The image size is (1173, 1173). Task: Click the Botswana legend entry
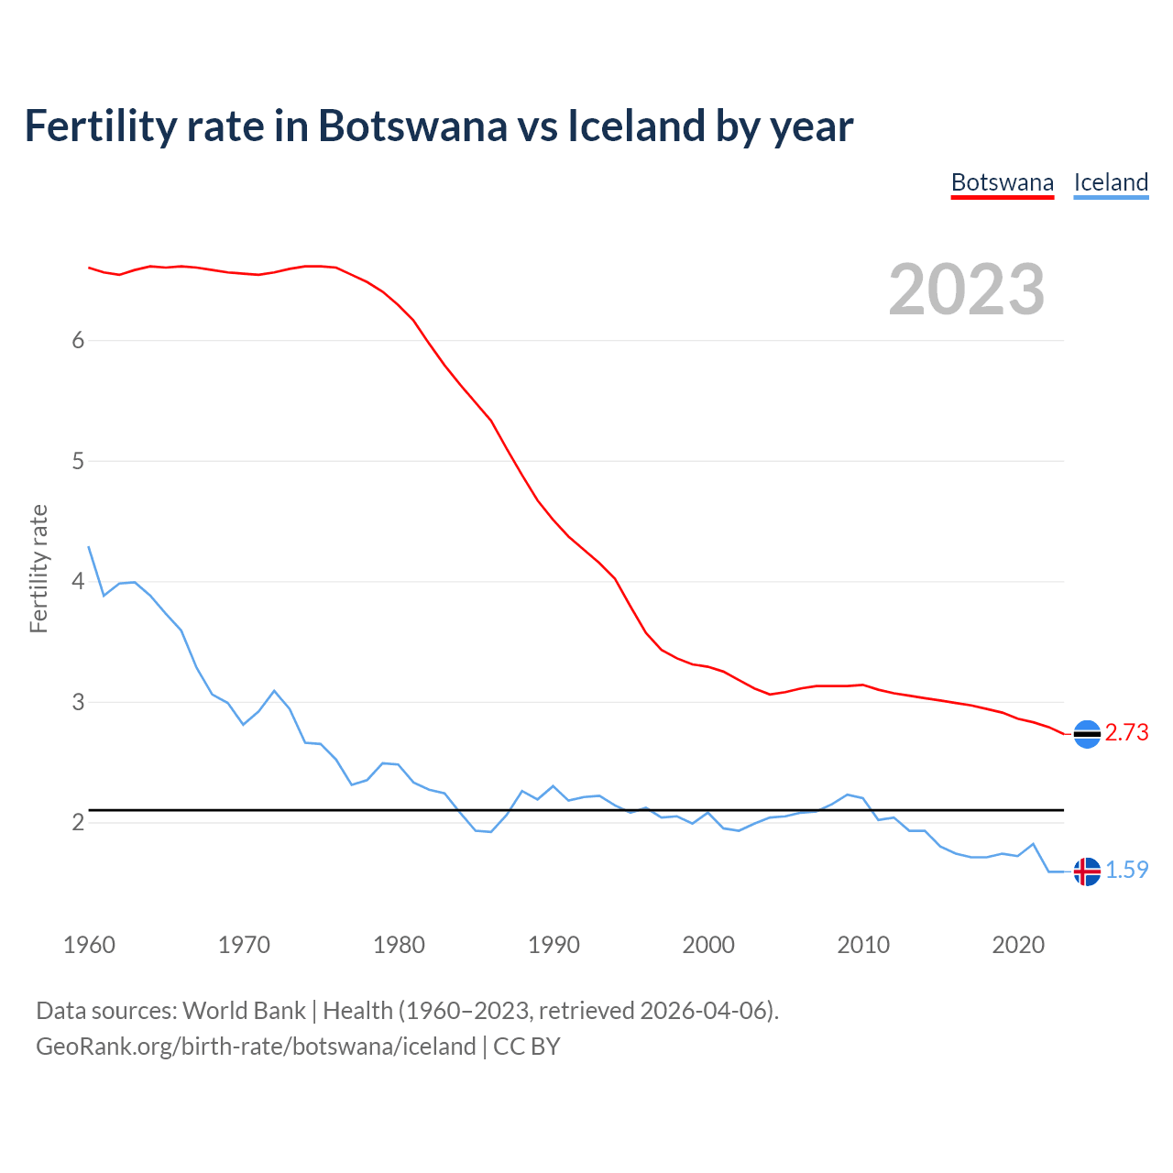[1003, 182]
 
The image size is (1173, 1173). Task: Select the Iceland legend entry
[1111, 182]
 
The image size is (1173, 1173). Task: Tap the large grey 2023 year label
[967, 290]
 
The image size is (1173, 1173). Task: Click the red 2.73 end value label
[1126, 733]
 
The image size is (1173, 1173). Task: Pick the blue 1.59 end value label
[1126, 871]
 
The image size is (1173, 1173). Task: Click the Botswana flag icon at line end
[1087, 734]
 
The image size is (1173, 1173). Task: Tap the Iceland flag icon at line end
[1087, 872]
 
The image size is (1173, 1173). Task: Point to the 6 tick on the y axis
[78, 341]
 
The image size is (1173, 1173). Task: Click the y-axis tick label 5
[78, 461]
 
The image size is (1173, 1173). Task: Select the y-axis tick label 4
[78, 582]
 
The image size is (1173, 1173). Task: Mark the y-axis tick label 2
[78, 823]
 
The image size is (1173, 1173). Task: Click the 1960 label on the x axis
[89, 945]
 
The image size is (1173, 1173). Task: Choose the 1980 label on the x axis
[399, 945]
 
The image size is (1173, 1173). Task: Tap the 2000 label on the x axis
[708, 945]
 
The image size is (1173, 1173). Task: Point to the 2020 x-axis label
[1018, 945]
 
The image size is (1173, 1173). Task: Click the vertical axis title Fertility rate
[38, 568]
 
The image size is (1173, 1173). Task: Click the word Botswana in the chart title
[412, 126]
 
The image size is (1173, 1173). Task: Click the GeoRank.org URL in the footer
[256, 1047]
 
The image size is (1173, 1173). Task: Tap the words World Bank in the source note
[244, 1011]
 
